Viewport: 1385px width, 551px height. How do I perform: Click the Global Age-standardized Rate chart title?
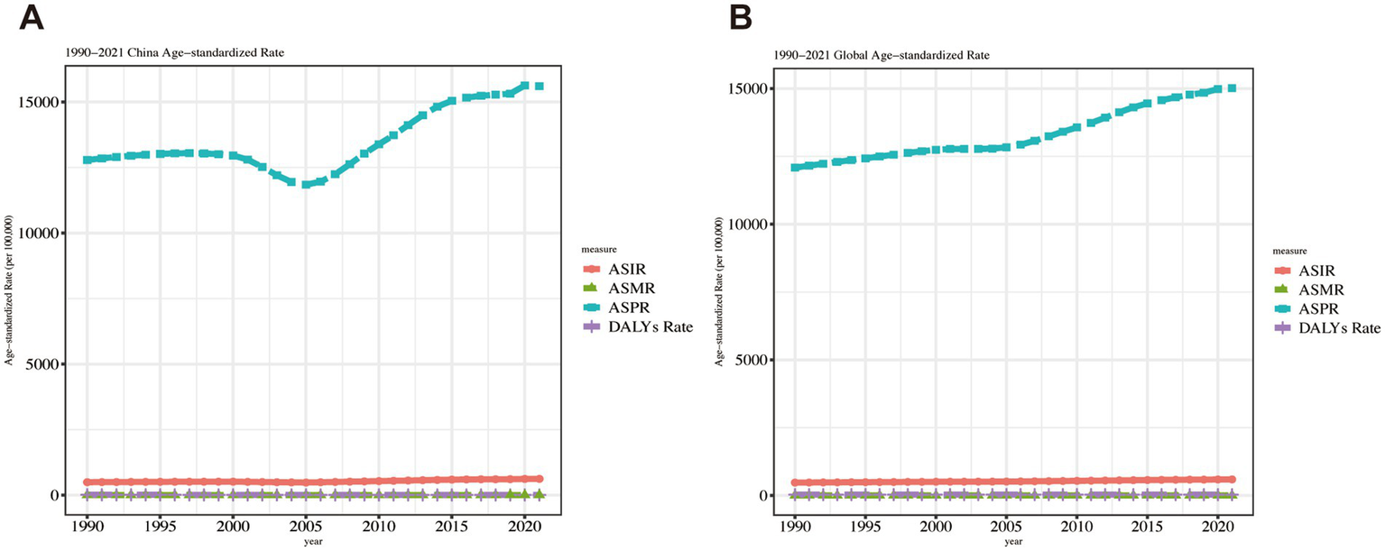(x=881, y=55)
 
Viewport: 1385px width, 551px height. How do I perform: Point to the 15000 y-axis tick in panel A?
(x=45, y=102)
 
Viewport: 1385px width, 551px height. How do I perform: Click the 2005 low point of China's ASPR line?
(x=307, y=184)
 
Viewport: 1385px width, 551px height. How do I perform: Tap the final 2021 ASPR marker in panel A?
(x=539, y=86)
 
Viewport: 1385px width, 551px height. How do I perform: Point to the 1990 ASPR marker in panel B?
(x=795, y=168)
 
